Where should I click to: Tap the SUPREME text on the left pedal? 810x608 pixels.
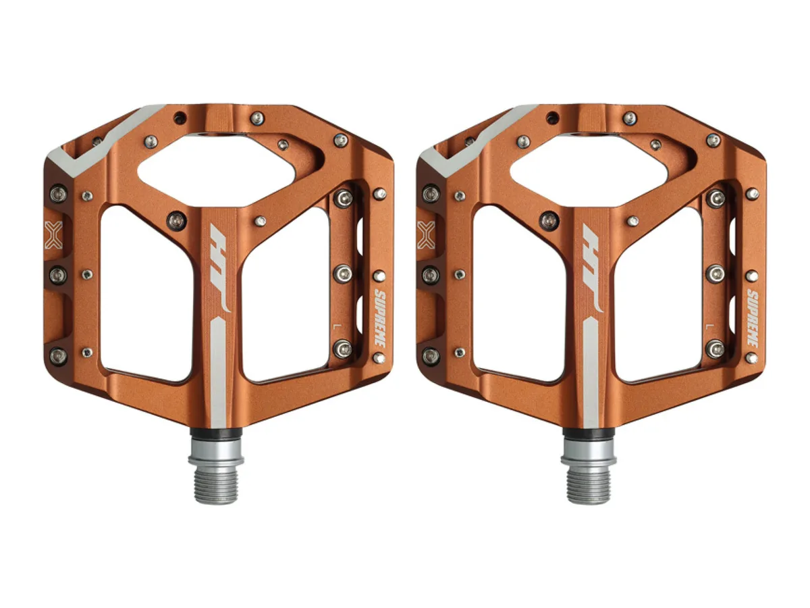tap(380, 318)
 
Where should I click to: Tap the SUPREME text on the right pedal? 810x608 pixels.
tap(752, 318)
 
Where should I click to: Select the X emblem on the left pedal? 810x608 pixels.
tap(53, 235)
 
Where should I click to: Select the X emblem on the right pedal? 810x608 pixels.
tap(426, 235)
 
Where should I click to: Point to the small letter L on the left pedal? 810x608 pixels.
tap(335, 326)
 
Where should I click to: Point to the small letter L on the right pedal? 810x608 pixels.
tap(708, 326)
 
